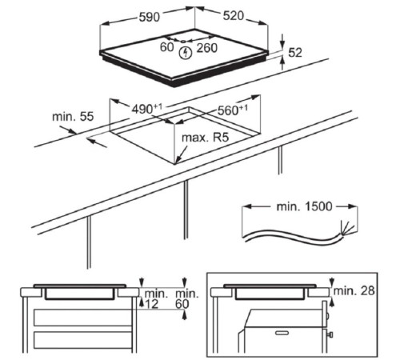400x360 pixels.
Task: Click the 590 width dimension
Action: click(x=150, y=17)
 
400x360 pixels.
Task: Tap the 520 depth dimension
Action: click(x=234, y=16)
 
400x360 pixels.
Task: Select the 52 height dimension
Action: click(x=295, y=53)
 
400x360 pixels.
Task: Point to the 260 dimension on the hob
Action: click(x=207, y=48)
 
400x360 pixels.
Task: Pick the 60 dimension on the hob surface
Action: click(x=166, y=47)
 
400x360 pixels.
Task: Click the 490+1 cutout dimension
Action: click(x=147, y=109)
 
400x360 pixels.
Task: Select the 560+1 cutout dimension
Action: click(x=233, y=110)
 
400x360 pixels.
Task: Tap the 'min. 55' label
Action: click(x=73, y=117)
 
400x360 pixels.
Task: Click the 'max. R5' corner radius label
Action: click(x=206, y=138)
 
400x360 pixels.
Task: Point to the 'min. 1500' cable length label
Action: click(x=304, y=206)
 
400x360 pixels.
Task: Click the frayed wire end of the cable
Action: click(x=348, y=229)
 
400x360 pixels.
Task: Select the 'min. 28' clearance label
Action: click(x=354, y=290)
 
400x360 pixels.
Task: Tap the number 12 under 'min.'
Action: click(x=152, y=304)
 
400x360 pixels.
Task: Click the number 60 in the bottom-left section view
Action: click(x=182, y=304)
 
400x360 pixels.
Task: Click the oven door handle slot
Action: click(x=282, y=333)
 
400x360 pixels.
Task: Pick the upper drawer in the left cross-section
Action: click(x=82, y=318)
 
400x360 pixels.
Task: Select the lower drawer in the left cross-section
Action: click(x=82, y=341)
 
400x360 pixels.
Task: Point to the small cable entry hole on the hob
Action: click(x=183, y=42)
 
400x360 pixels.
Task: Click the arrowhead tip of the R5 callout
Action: click(x=176, y=163)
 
